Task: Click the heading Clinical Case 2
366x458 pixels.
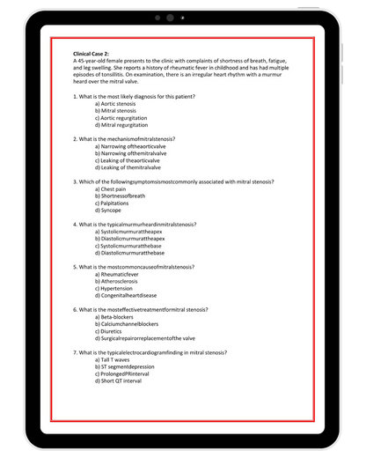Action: point(96,54)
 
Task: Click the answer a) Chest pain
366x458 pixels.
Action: point(117,188)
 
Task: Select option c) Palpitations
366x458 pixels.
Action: point(119,203)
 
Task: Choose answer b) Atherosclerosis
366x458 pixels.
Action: point(122,281)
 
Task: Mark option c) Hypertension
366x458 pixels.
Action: point(121,288)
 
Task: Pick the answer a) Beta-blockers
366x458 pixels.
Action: point(121,317)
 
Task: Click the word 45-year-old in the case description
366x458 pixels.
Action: point(94,61)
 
